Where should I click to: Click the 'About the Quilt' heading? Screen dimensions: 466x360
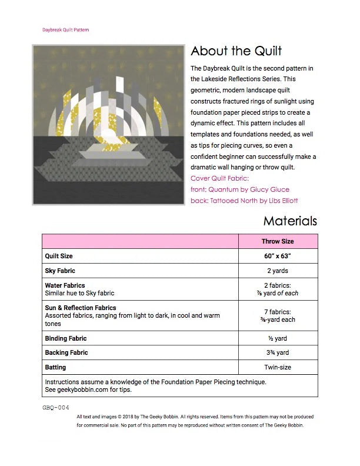click(x=236, y=51)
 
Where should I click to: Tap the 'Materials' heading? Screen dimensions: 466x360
click(x=290, y=221)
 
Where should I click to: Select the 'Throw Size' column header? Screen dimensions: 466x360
click(x=278, y=241)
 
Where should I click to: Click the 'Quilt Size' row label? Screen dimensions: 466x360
click(x=59, y=257)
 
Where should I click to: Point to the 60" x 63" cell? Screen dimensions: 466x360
click(x=278, y=257)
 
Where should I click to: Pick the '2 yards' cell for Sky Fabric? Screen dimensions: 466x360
click(x=278, y=271)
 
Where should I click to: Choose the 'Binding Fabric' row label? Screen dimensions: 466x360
click(x=66, y=338)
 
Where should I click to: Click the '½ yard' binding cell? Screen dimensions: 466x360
click(x=278, y=338)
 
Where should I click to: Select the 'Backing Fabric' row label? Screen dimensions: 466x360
click(x=66, y=352)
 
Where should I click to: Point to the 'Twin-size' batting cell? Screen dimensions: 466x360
click(x=278, y=367)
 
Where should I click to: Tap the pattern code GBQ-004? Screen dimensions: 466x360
click(x=55, y=407)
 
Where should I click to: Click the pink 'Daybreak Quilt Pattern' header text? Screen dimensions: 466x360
click(x=65, y=29)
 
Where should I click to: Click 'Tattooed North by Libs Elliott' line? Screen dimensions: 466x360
click(x=244, y=201)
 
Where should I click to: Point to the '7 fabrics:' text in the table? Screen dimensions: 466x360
click(x=278, y=312)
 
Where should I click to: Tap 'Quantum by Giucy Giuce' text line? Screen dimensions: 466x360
click(x=240, y=189)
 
